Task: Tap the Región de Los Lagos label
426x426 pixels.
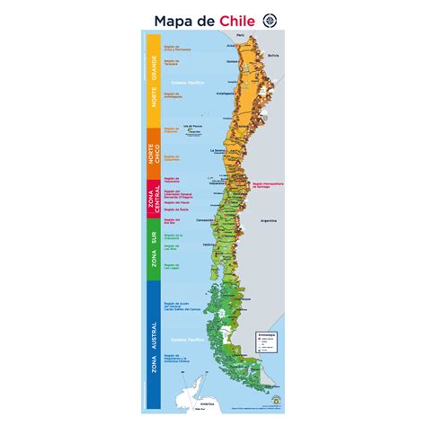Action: click(x=173, y=267)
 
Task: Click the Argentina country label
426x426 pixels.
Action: click(x=267, y=220)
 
